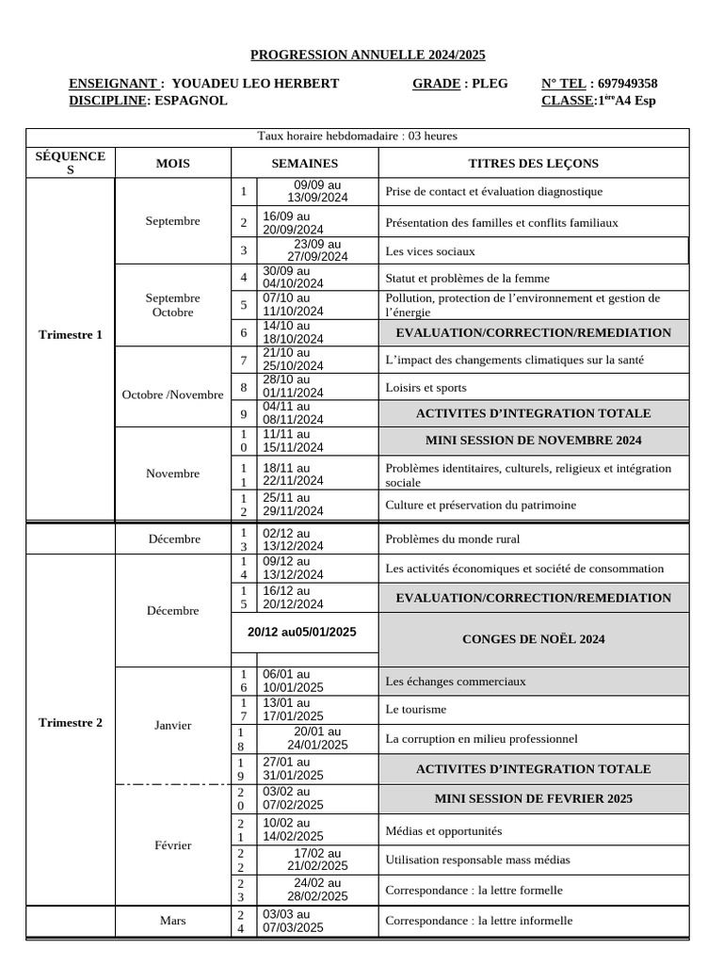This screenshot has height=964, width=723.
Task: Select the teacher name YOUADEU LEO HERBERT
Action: pos(256,84)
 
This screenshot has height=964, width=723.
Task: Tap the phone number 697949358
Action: pos(628,84)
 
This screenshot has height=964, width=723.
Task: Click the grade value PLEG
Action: pos(490,84)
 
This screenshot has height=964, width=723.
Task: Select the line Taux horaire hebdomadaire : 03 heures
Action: pos(357,137)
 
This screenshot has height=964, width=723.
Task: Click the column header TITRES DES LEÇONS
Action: pos(533,164)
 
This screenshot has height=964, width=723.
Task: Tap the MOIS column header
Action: pos(172,164)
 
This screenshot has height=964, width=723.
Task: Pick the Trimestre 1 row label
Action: pos(71,334)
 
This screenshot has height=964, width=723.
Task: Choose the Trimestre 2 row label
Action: pos(71,723)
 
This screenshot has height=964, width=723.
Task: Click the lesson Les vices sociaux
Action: pos(429,251)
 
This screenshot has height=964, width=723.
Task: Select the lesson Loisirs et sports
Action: pos(426,387)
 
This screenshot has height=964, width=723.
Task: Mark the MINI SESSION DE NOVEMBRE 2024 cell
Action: pos(533,441)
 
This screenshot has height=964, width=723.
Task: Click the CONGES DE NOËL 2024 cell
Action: pos(533,639)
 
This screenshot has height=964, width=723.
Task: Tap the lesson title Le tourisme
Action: pos(416,709)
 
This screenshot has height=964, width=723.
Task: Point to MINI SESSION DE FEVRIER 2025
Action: pos(533,798)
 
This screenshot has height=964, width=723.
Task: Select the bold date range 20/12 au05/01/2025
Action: pos(302,633)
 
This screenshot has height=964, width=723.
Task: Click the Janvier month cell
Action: pos(172,725)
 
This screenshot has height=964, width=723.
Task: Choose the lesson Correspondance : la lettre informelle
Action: pos(478,921)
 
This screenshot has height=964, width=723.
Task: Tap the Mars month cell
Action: pos(172,921)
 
